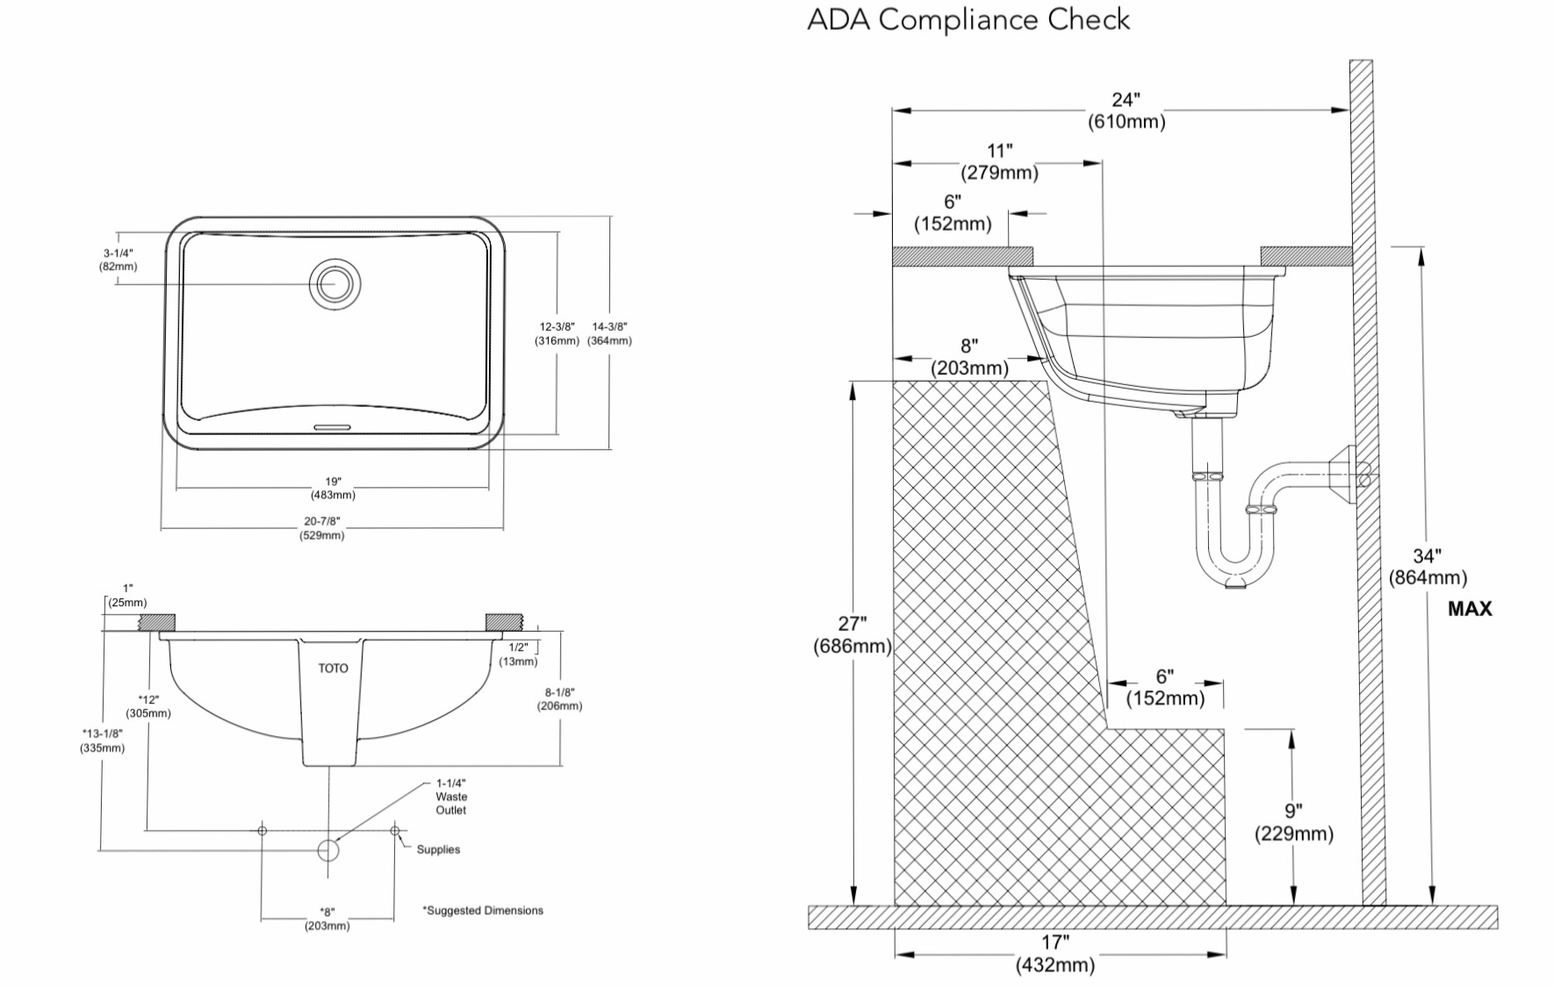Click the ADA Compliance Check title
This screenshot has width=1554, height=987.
pos(968,19)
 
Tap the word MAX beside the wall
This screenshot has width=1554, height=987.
pos(1470,608)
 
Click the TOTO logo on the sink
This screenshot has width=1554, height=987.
pos(333,669)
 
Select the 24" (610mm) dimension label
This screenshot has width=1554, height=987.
pos(1126,111)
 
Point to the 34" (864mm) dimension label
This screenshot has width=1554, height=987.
pos(1428,567)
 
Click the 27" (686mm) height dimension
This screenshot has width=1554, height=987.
pos(852,634)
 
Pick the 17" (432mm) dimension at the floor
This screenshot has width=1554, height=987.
pos(1055,954)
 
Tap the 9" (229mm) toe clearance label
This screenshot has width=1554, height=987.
pos(1293,822)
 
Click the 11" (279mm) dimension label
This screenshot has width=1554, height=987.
pos(999,161)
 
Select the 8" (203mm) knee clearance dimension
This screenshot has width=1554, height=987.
pos(969,357)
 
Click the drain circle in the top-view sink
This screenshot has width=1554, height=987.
pos(334,283)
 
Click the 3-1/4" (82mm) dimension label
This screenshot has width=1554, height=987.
pos(118,260)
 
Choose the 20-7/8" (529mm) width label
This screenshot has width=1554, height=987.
pos(321,528)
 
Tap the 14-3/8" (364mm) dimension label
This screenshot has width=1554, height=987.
pos(609,333)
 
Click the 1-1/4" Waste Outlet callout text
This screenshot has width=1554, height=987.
pos(451,797)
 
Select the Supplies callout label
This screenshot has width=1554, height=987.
pos(438,849)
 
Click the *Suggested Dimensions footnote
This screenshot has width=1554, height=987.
pos(483,911)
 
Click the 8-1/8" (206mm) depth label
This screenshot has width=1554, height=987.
pos(559,698)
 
